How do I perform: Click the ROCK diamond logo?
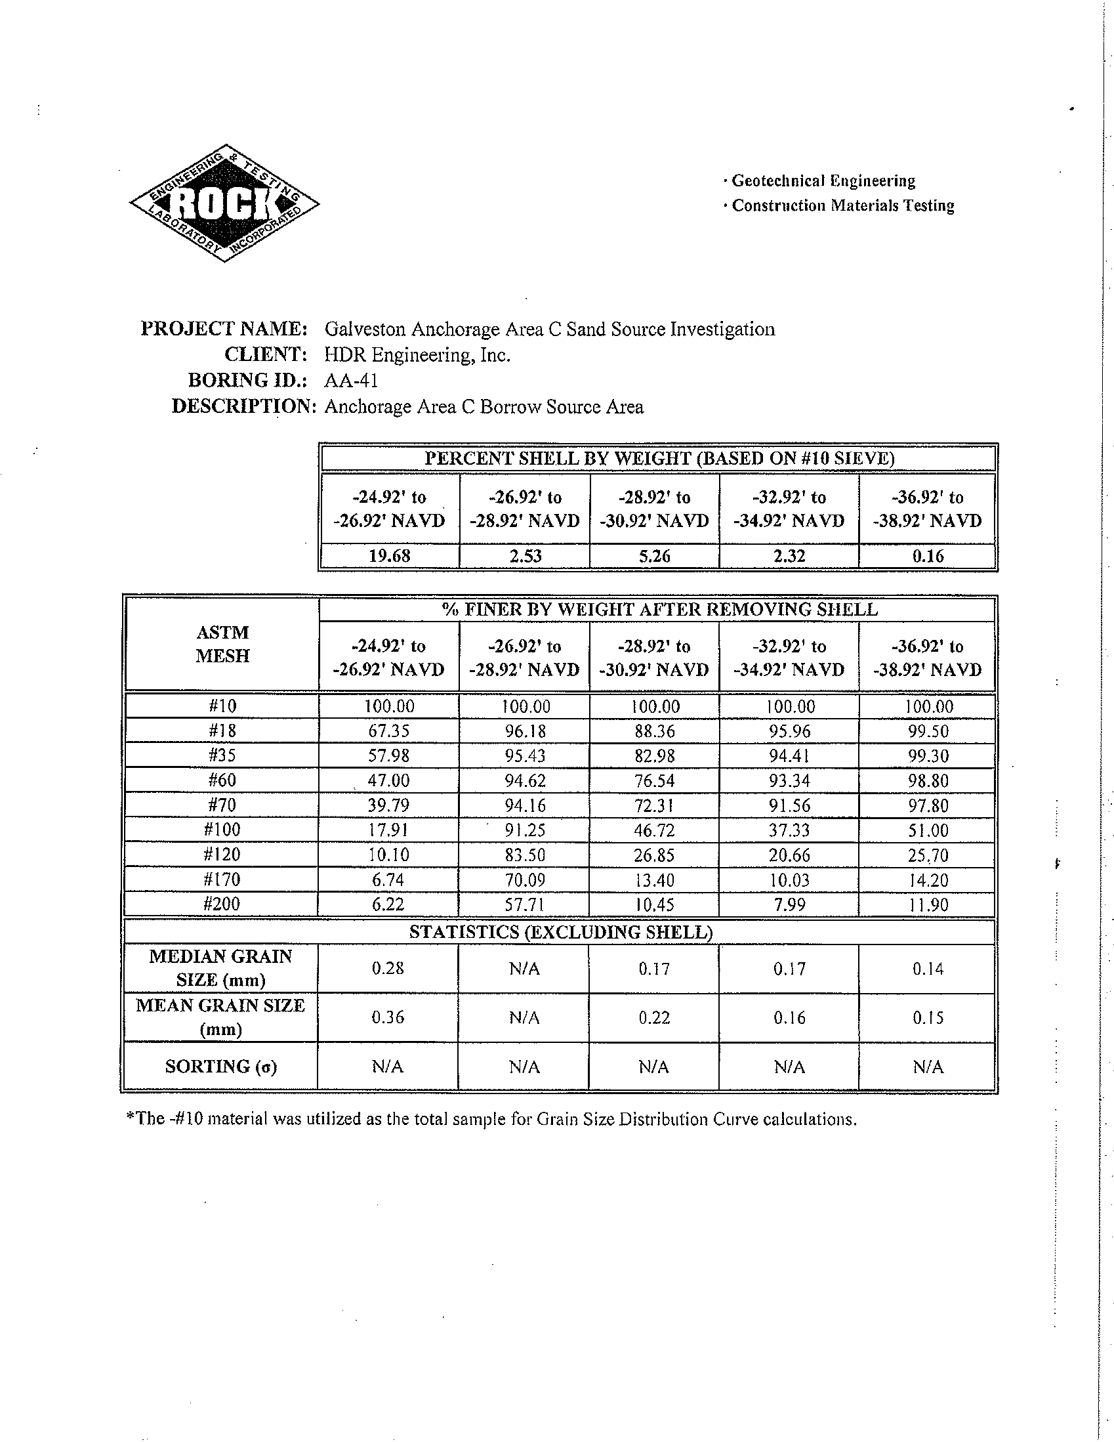(x=224, y=203)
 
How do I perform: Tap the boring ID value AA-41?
(x=350, y=380)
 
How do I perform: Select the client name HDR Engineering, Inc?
(x=417, y=355)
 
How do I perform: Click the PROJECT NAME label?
(x=224, y=329)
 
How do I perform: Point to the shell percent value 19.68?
(x=389, y=556)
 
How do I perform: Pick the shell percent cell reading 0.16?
(x=927, y=556)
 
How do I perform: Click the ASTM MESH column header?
(x=222, y=644)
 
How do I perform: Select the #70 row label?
(x=222, y=805)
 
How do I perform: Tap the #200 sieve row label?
(x=222, y=904)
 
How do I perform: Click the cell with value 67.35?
(x=389, y=731)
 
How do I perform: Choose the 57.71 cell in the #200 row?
(x=525, y=904)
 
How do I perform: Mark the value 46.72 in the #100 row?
(x=655, y=830)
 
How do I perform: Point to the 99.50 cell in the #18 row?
(x=927, y=731)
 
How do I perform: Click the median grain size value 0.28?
(x=388, y=969)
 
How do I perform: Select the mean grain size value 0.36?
(x=388, y=1017)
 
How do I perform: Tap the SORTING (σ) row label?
(x=221, y=1067)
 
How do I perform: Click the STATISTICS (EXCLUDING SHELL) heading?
(x=560, y=931)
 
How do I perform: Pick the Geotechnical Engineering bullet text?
(x=823, y=181)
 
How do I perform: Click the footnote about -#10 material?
(x=491, y=1119)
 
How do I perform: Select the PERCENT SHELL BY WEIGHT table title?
(x=659, y=458)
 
